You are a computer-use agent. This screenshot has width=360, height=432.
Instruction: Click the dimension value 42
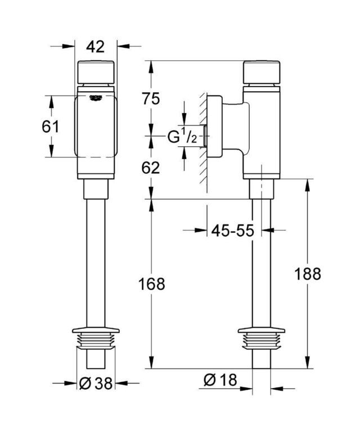coord(95,47)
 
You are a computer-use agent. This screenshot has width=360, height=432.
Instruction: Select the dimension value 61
coord(51,127)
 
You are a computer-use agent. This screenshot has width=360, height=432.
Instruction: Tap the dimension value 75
coord(151,98)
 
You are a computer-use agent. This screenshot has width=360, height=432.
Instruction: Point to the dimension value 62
coord(151,168)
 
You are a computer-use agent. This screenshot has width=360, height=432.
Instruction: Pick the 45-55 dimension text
coord(232,230)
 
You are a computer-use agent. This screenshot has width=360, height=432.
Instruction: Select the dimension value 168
coord(152,284)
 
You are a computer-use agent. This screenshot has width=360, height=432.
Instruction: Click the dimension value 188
coord(308,274)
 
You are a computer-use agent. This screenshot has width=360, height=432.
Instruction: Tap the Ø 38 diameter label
coord(96,383)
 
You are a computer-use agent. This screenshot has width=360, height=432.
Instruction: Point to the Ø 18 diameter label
coord(220,380)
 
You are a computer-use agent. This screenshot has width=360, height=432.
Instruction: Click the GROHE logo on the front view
coord(96,98)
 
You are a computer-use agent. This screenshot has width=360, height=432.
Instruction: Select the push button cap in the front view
coord(96,72)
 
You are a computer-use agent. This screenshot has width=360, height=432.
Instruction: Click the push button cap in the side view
coord(262,72)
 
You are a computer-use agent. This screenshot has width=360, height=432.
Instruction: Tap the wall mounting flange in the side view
coord(214,126)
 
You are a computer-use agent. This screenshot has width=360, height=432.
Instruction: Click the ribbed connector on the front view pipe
coord(96,339)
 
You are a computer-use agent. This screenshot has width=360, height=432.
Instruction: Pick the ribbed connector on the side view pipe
coord(262,339)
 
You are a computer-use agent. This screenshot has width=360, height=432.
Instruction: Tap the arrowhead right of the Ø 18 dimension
coord(277,389)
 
